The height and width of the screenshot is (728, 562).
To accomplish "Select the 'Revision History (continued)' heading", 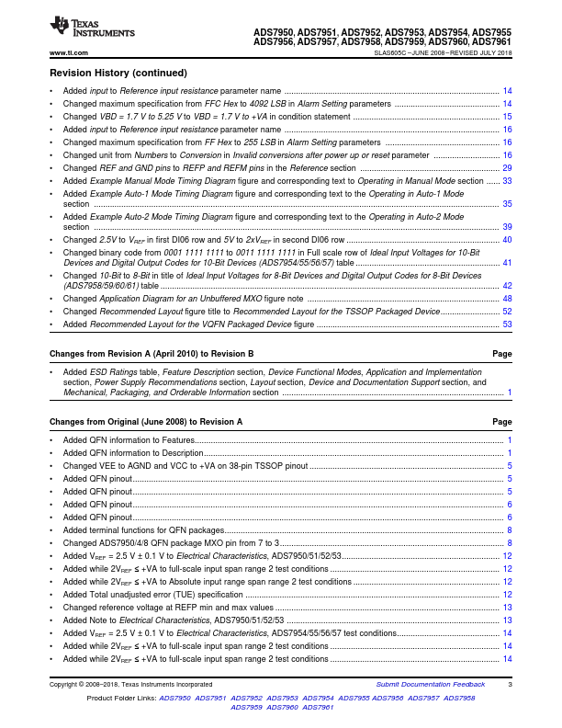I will [118, 73].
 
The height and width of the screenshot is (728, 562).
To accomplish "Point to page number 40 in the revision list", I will [507, 239].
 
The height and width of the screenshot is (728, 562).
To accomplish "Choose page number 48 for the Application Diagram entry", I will [507, 299].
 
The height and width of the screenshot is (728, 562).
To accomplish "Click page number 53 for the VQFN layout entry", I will [507, 324].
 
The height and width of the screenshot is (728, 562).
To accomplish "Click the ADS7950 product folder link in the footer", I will [174, 699].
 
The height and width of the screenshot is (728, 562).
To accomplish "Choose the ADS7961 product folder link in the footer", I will [318, 708].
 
